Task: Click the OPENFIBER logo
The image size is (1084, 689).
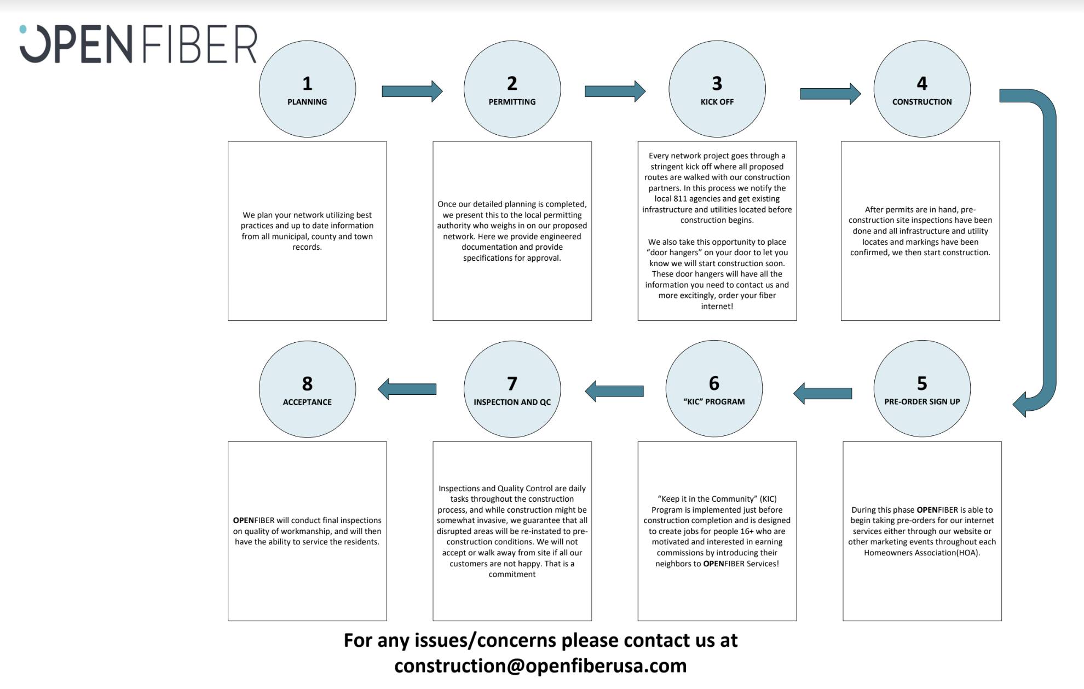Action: click(x=138, y=44)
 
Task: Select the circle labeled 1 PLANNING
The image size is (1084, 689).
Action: click(x=307, y=89)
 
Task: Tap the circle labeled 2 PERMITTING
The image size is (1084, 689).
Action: click(x=512, y=89)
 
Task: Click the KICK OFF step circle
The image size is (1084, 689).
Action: click(x=717, y=89)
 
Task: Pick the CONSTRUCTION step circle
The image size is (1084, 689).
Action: click(x=922, y=89)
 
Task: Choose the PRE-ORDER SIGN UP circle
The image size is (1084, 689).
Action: click(x=922, y=389)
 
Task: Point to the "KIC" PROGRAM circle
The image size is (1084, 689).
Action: click(x=714, y=389)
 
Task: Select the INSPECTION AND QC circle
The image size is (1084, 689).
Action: click(x=512, y=389)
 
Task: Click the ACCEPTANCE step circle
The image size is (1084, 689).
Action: click(x=307, y=389)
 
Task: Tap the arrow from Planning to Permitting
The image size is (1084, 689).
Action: click(x=412, y=91)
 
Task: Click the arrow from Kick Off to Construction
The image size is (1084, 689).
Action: click(x=830, y=94)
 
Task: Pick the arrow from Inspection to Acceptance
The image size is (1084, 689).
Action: click(x=407, y=389)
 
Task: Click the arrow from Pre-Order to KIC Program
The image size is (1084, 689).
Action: click(x=823, y=393)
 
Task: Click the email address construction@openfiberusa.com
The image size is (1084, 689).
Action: click(x=540, y=666)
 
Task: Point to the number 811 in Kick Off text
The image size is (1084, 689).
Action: click(x=681, y=199)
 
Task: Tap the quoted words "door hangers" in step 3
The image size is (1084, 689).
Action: click(x=674, y=252)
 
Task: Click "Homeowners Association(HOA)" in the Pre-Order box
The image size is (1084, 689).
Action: click(x=922, y=553)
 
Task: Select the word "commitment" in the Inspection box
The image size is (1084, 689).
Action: click(x=512, y=574)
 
